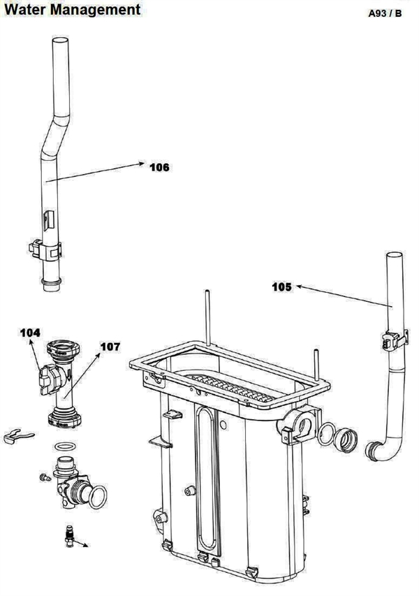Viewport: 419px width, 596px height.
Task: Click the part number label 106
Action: point(159,167)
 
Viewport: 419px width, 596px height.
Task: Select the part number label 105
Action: point(282,287)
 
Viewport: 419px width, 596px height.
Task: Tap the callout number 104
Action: point(30,333)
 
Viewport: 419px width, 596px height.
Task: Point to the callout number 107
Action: point(110,347)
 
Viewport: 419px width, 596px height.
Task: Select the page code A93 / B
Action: point(385,13)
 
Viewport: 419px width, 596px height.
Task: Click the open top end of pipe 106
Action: point(60,41)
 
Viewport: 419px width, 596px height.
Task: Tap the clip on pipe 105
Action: point(394,340)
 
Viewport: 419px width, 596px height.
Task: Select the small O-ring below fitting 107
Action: point(64,446)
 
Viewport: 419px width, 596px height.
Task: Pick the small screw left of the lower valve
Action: point(45,478)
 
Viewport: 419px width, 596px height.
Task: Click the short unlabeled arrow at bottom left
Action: point(80,542)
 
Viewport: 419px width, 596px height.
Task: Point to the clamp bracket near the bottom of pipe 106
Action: point(45,249)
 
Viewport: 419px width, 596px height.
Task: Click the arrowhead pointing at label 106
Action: point(141,163)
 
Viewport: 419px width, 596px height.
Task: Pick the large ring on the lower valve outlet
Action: point(98,497)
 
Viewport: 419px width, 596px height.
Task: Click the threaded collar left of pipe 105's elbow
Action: point(346,440)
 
